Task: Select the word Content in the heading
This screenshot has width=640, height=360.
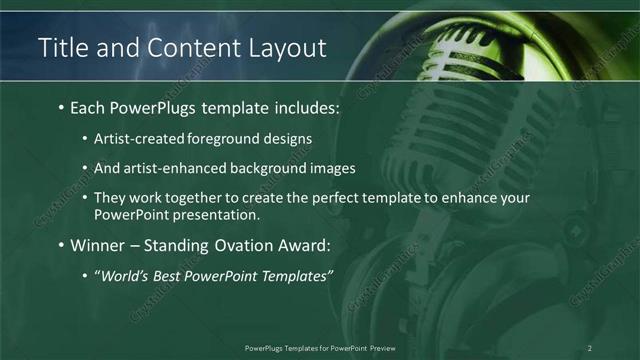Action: [x=187, y=47]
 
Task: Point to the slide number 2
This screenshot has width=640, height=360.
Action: [x=590, y=347]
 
